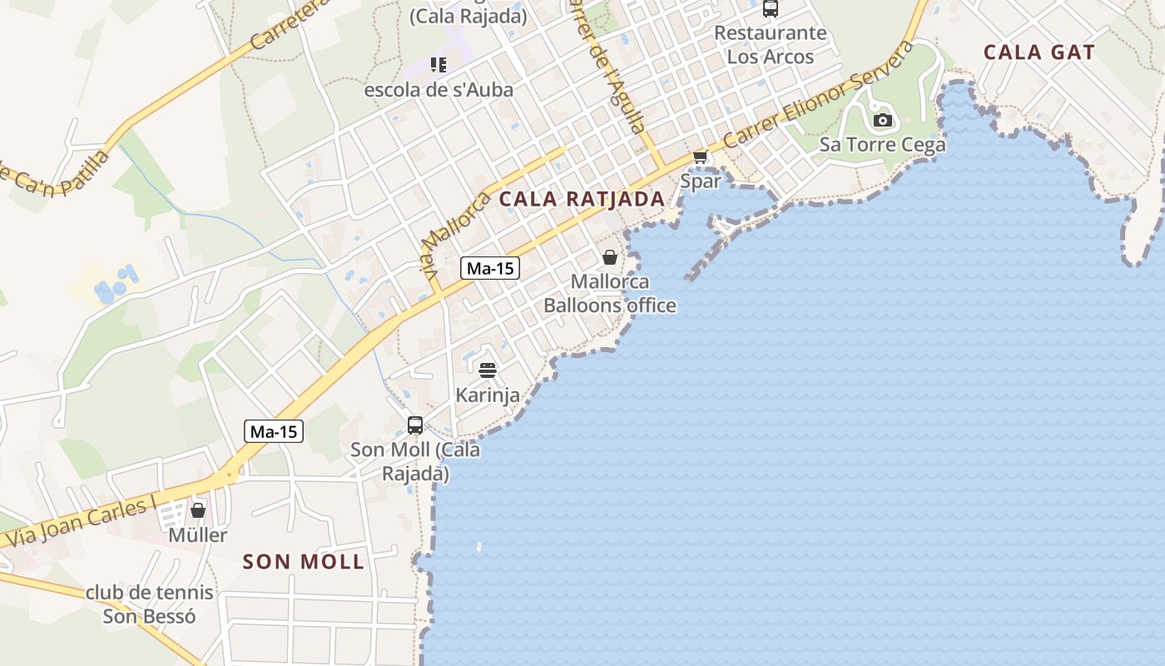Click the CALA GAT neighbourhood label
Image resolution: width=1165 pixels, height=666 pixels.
click(1039, 52)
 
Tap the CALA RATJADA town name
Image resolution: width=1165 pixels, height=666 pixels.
click(582, 199)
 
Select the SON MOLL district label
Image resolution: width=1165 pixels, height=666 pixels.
click(304, 562)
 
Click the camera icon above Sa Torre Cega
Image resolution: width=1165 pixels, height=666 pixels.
click(883, 121)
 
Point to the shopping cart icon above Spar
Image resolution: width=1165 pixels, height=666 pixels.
click(700, 157)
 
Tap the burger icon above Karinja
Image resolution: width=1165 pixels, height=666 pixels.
click(488, 370)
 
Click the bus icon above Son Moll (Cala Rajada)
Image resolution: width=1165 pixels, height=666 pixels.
click(414, 425)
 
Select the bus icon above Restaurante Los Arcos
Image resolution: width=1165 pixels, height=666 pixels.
click(771, 9)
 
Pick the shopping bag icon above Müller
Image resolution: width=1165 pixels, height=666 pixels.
click(198, 509)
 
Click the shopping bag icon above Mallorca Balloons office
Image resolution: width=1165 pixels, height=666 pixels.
click(610, 257)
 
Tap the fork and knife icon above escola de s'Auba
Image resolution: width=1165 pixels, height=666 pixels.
click(439, 65)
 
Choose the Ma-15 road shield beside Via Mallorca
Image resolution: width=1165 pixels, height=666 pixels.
click(490, 268)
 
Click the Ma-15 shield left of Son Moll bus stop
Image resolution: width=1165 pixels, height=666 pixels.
click(274, 431)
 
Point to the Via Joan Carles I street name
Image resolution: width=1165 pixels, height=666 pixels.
click(82, 522)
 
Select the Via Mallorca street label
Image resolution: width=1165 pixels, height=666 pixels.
click(454, 233)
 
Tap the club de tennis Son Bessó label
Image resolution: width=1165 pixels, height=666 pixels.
click(150, 604)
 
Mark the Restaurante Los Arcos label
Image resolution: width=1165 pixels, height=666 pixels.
click(771, 45)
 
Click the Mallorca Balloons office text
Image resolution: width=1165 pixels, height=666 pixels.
click(610, 294)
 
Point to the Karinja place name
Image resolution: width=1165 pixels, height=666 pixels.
click(488, 395)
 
